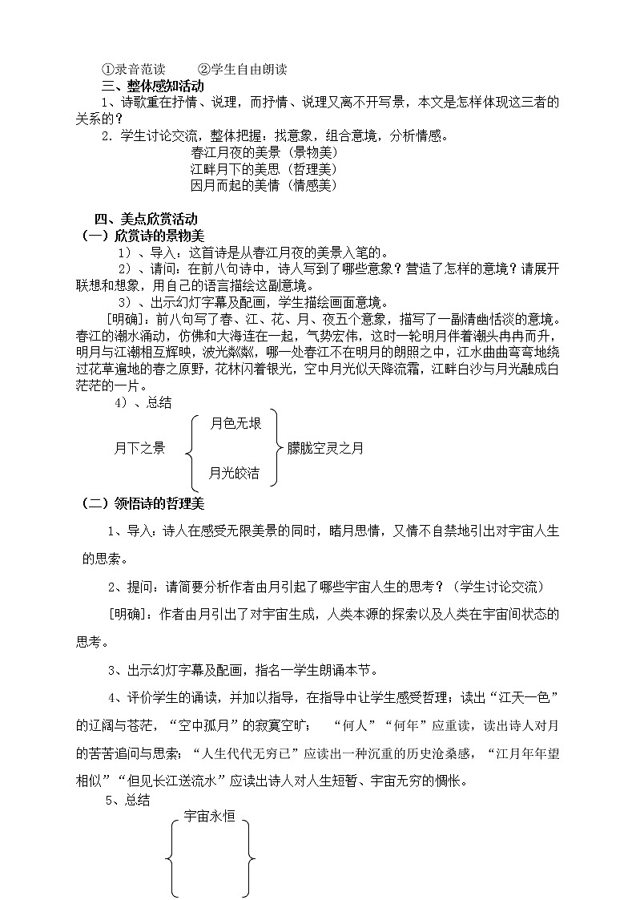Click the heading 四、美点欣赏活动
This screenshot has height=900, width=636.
click(x=146, y=219)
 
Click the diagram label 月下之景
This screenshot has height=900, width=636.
click(x=139, y=449)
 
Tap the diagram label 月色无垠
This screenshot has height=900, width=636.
click(x=235, y=423)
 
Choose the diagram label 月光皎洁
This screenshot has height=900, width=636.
click(x=234, y=473)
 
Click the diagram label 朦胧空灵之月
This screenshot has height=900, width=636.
click(x=325, y=449)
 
